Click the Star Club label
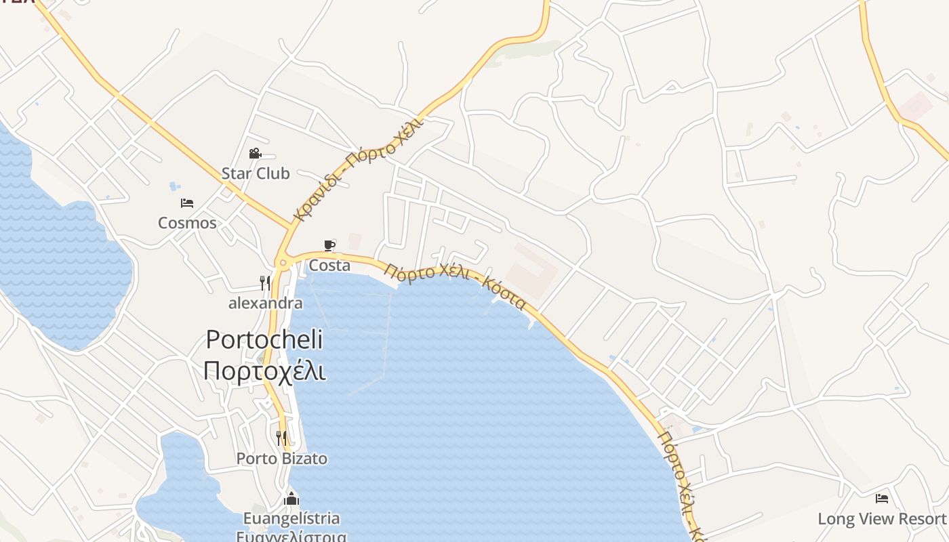(256, 173)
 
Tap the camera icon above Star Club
(255, 154)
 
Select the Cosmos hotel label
(187, 223)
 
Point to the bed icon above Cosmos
(187, 203)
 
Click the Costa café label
(329, 266)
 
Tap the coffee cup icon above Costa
(329, 245)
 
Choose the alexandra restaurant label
(265, 303)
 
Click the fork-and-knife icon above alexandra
(265, 283)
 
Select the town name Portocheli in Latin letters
(264, 339)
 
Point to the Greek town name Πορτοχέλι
(264, 371)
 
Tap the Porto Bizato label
(281, 459)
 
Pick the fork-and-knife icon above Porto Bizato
(281, 438)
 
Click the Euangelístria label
(291, 519)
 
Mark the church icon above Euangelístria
(291, 499)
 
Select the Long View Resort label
(881, 519)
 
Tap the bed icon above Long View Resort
(881, 499)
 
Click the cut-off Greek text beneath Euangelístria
(291, 537)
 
